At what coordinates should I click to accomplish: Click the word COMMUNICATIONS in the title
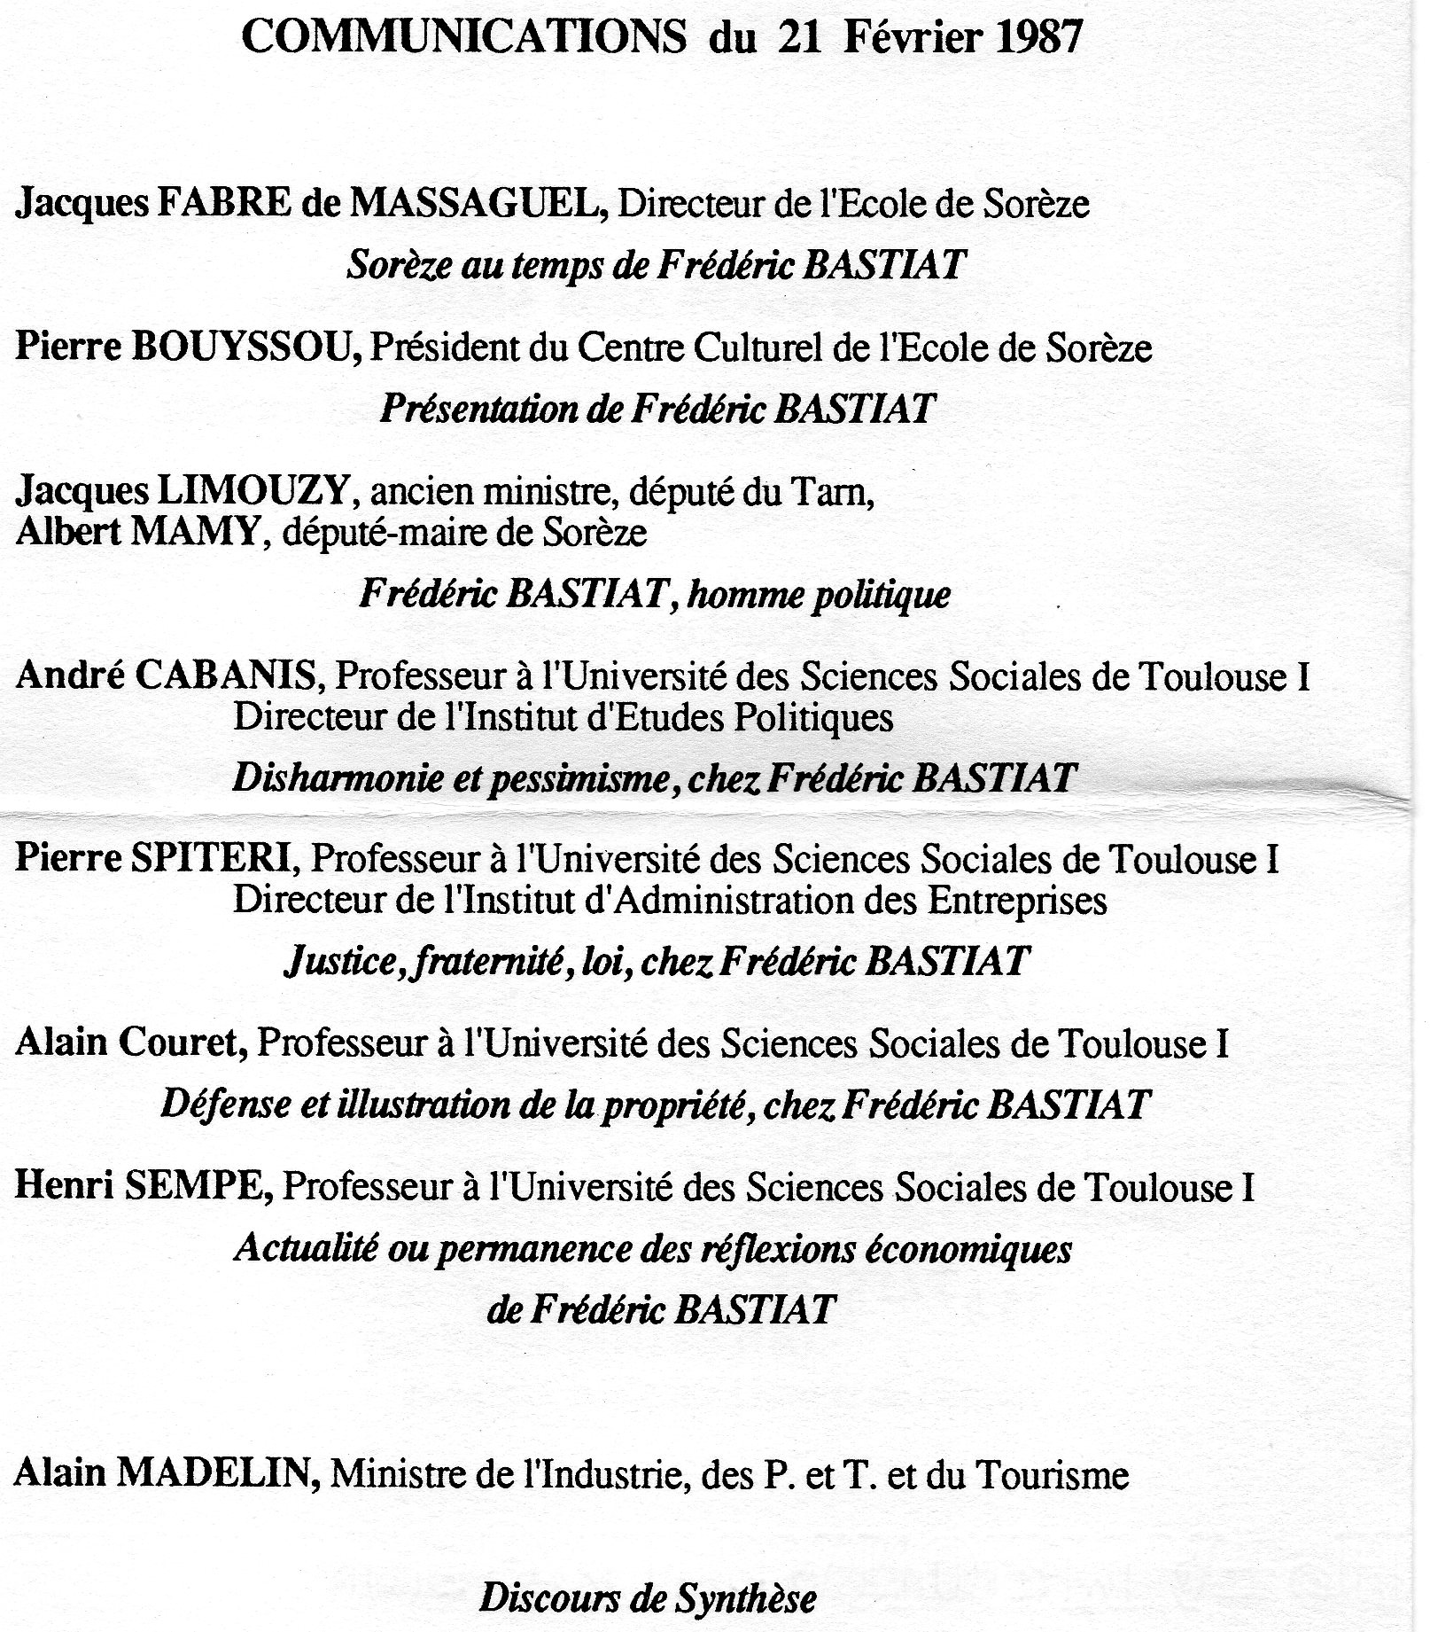pyautogui.click(x=463, y=40)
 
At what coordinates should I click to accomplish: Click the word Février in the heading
pyautogui.click(x=908, y=40)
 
